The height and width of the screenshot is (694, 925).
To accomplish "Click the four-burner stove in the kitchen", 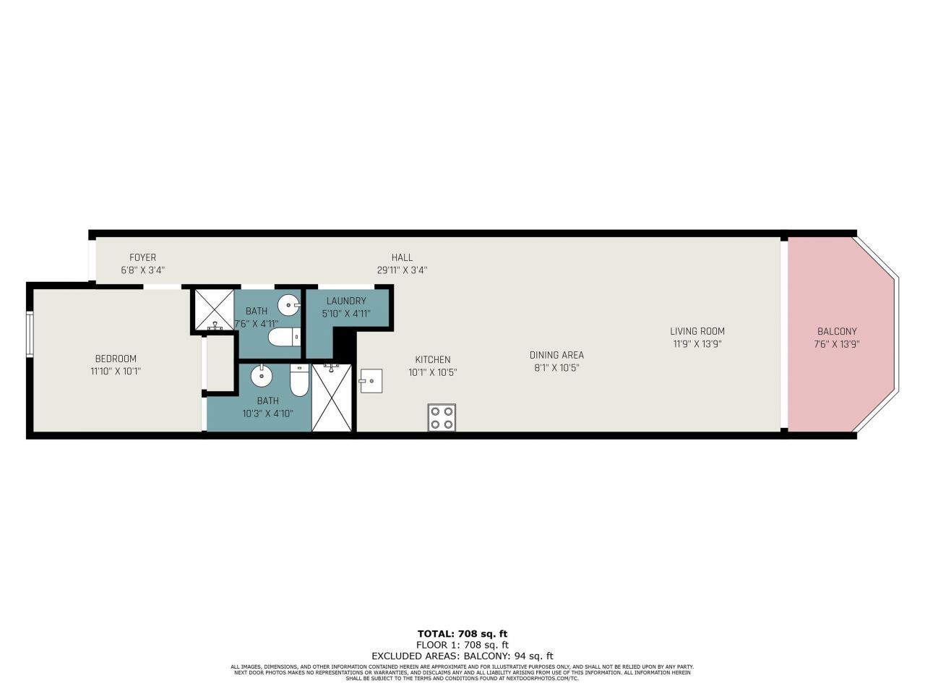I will tap(442, 417).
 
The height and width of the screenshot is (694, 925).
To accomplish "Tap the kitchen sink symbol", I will tap(371, 380).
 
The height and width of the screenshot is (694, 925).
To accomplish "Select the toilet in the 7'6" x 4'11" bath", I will tap(284, 338).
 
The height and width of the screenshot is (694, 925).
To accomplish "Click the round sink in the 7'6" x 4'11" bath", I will tap(289, 305).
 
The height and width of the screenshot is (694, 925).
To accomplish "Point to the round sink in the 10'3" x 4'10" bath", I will tap(261, 376).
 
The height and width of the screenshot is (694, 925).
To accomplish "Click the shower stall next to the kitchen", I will tap(332, 398).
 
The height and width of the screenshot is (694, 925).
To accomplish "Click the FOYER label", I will tap(142, 257).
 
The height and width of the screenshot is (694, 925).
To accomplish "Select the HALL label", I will tap(402, 257).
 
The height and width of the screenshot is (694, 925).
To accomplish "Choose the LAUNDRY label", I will tap(346, 301).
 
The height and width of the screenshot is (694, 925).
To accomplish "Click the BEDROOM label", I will tap(116, 359).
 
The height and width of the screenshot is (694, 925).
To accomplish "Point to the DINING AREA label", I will tap(556, 355).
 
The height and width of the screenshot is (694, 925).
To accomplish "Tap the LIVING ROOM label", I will tap(697, 332).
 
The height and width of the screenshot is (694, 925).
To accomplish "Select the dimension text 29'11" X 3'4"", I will tap(402, 270).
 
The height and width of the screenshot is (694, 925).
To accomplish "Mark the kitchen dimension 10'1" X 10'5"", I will tap(432, 372).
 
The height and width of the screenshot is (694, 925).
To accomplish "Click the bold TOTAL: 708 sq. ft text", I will tap(462, 634).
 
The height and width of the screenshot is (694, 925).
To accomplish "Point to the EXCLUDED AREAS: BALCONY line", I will tap(462, 656).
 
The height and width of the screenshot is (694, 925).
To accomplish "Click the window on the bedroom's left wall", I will tap(30, 333).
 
